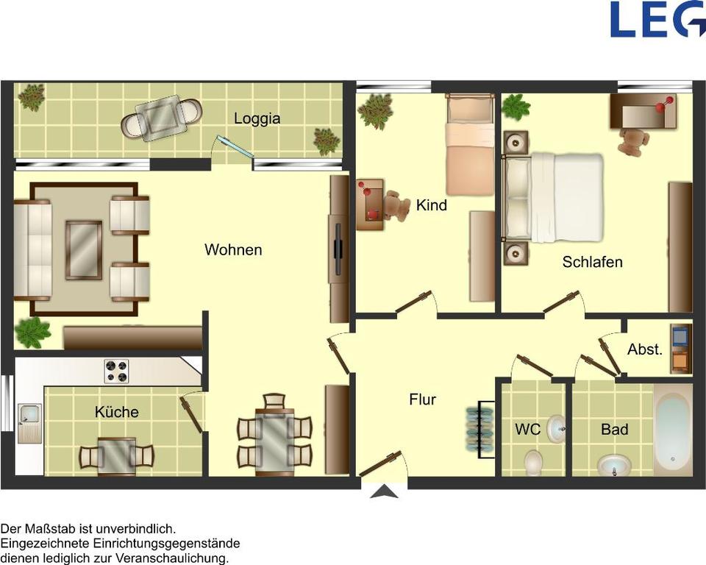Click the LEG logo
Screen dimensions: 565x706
pyautogui.click(x=657, y=19)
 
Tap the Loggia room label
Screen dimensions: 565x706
pyautogui.click(x=257, y=118)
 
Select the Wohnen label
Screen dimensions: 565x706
pyautogui.click(x=233, y=250)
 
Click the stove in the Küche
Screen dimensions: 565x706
pyautogui.click(x=116, y=371)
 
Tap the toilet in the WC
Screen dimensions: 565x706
pyautogui.click(x=533, y=462)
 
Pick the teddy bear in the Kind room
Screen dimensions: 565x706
pyautogui.click(x=396, y=207)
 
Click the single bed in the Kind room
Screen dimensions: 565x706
pyautogui.click(x=469, y=147)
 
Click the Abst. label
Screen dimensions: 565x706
pyautogui.click(x=644, y=350)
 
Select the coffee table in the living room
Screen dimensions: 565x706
pyautogui.click(x=84, y=250)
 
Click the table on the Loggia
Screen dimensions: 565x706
pyautogui.click(x=161, y=118)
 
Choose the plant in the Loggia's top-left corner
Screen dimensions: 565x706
pyautogui.click(x=32, y=97)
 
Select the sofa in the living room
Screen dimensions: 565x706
pyautogui.click(x=32, y=250)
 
